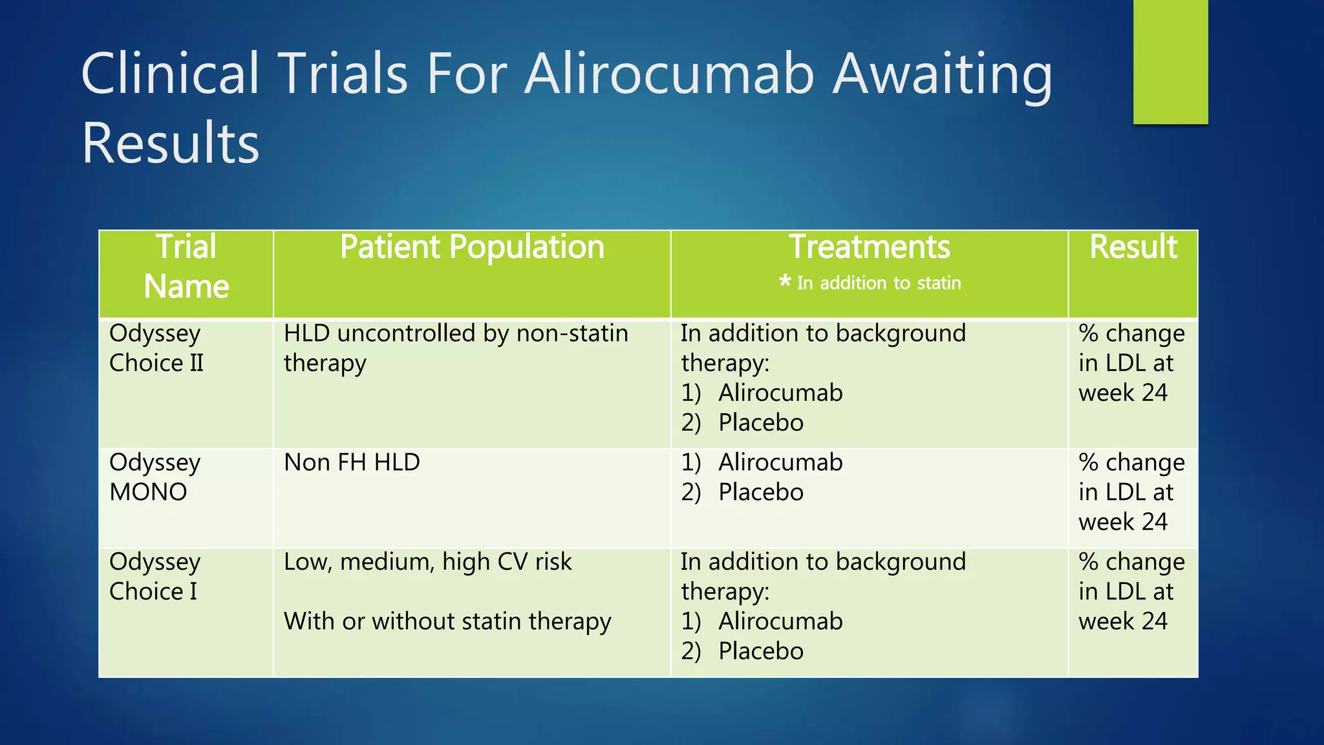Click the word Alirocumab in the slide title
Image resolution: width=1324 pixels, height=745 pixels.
[x=668, y=74]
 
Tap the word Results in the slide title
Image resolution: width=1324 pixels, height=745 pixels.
[x=170, y=143]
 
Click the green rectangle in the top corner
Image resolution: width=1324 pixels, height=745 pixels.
[x=1170, y=61]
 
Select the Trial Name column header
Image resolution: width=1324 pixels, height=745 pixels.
[x=186, y=266]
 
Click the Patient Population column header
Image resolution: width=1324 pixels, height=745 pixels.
[x=472, y=248]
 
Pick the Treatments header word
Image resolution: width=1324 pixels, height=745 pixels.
[x=870, y=248]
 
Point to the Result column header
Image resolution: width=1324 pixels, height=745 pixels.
[x=1133, y=248]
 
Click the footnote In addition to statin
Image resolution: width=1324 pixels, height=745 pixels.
[x=879, y=283]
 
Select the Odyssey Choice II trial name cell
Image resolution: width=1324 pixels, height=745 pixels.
[x=156, y=348]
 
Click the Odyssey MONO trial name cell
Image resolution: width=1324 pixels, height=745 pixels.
[x=155, y=477]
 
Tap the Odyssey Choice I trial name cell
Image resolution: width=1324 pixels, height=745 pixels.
[x=155, y=576]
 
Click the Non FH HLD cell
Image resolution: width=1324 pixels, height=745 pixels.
[x=352, y=462]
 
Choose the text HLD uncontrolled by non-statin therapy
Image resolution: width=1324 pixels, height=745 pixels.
[x=456, y=348]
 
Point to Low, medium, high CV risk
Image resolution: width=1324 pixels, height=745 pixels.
[x=427, y=562]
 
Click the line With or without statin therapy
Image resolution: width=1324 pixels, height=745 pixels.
[x=447, y=621]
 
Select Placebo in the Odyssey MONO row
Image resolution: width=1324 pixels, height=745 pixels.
[x=761, y=493]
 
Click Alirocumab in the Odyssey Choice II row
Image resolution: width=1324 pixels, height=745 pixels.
[x=780, y=393]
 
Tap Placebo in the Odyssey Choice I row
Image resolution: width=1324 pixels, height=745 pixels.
[x=761, y=651]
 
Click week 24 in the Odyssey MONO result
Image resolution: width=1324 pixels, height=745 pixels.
[x=1123, y=522]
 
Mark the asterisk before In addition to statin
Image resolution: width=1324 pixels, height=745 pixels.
[x=785, y=281]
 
